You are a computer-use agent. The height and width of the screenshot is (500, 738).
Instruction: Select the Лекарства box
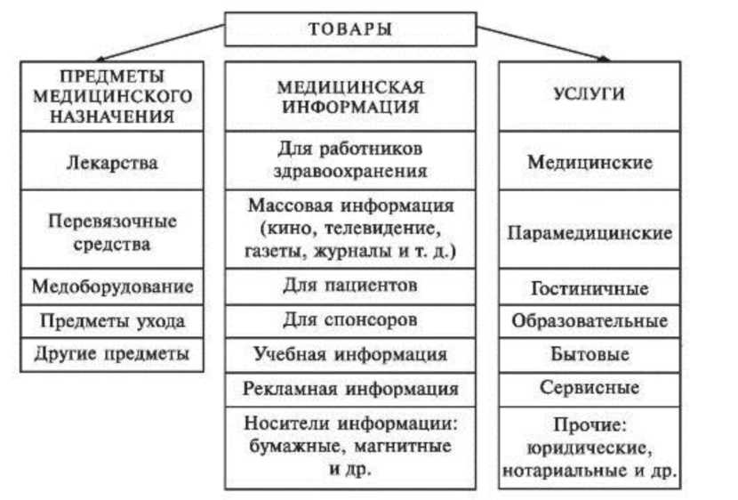112,163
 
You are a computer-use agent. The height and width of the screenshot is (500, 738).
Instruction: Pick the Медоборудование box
112,286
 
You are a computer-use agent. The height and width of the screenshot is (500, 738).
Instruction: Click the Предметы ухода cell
112,319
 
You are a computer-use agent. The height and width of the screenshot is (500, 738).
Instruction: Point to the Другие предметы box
112,353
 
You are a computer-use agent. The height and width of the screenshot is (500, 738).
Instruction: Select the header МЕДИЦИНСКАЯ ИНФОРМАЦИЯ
350,96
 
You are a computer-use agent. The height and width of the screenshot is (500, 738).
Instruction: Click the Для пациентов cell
350,286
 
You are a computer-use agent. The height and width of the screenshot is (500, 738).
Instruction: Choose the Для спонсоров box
350,319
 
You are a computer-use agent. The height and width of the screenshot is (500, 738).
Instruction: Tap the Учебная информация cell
350,354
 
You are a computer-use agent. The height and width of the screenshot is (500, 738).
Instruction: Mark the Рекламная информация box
350,388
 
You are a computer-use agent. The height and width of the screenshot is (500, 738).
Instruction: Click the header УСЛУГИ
590,95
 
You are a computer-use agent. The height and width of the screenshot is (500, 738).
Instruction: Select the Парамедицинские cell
590,233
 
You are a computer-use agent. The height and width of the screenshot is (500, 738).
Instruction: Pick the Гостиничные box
590,288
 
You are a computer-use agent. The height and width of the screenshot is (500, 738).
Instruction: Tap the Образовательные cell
590,320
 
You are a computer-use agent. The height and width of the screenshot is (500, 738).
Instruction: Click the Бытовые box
590,354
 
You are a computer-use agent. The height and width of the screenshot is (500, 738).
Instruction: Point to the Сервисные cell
590,388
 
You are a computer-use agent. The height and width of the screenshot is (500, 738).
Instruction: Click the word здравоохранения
350,170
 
